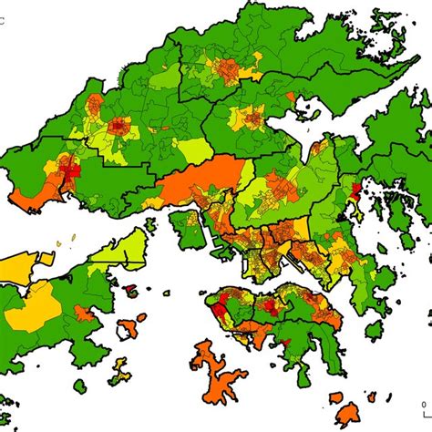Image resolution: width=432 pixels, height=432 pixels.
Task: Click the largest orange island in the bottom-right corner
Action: point(347,415)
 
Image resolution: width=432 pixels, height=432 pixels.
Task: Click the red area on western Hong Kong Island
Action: point(222,310)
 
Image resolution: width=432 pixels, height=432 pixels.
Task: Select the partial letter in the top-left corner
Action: point(3,12)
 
